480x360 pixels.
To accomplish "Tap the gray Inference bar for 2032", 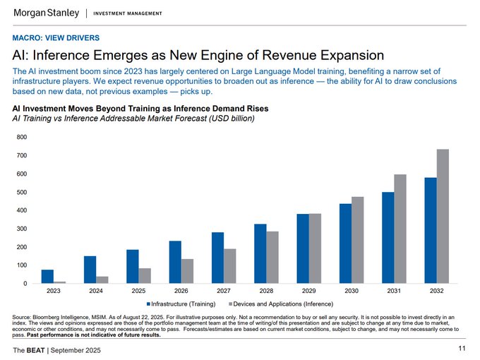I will tap(442, 216).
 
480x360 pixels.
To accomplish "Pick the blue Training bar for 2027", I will tap(217, 258).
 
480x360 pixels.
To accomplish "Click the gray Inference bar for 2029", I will tap(315, 248).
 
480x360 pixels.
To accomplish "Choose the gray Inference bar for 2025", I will tap(145, 276).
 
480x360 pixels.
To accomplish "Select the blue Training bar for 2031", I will tap(388, 238).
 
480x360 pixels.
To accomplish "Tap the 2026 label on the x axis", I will tap(181, 291).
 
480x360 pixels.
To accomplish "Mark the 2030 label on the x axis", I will tap(351, 291).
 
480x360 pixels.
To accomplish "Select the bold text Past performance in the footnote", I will tap(56, 335).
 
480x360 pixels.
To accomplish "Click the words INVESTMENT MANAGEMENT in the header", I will tap(127, 14).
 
